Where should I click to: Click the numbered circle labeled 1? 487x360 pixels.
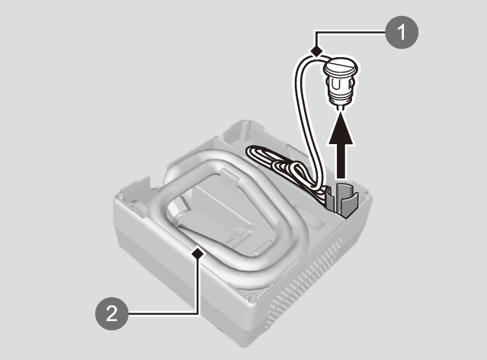402,32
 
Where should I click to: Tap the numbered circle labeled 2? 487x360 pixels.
112,313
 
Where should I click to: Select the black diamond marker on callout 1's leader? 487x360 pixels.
316,50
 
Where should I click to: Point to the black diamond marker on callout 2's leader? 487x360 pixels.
198,254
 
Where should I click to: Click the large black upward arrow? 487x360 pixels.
341,146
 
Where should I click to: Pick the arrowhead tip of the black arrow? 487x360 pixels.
341,113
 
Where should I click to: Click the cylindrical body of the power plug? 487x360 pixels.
340,88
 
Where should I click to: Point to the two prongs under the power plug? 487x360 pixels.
340,107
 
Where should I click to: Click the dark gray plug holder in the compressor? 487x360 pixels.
343,199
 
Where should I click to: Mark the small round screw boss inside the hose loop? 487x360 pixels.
239,232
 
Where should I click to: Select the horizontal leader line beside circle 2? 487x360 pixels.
163,313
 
